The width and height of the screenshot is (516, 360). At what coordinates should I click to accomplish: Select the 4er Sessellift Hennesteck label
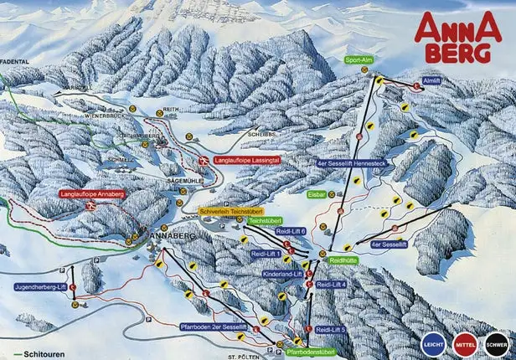(x=350, y=163)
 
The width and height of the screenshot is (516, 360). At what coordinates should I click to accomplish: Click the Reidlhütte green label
(x=343, y=260)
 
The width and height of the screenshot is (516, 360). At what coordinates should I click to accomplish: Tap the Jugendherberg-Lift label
(x=39, y=286)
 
